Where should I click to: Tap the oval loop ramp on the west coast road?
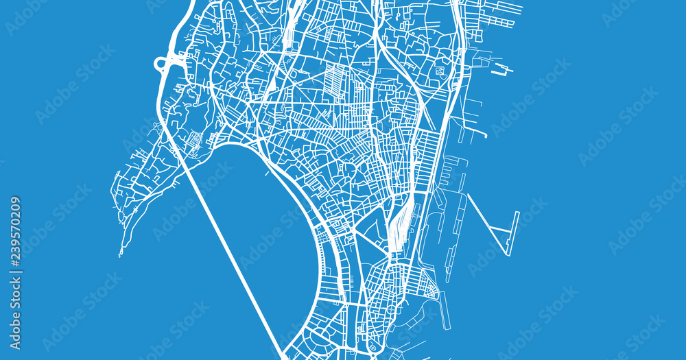click(x=163, y=64)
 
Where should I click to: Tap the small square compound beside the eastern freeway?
click(x=440, y=70)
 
